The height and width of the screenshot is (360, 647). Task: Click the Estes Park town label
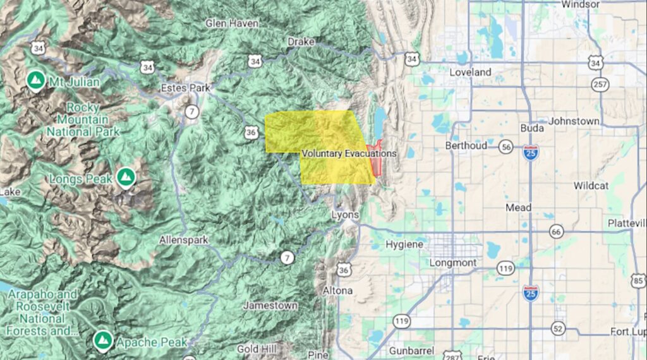(185, 88)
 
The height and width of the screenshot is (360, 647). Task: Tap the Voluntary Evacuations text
(349, 153)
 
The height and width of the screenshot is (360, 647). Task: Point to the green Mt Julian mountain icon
(36, 80)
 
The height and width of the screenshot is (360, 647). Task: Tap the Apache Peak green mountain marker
(102, 341)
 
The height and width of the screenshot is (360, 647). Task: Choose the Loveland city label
(470, 72)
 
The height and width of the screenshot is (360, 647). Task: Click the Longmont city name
(452, 262)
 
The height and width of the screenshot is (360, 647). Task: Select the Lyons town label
(345, 215)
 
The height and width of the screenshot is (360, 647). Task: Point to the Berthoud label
(466, 145)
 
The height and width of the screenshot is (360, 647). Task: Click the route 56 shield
(505, 147)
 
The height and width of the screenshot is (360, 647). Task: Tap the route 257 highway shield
(600, 84)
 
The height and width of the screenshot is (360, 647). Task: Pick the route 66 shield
(556, 232)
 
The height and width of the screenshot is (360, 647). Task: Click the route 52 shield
(558, 328)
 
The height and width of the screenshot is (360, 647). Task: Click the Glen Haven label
(232, 23)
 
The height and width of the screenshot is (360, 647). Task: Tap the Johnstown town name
(574, 121)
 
